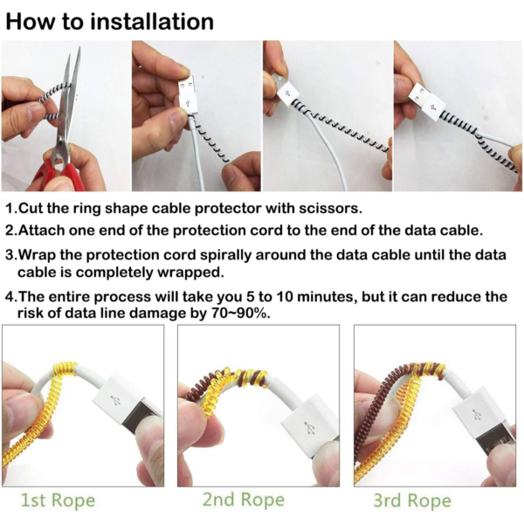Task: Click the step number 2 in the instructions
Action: [10, 231]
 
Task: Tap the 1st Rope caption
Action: [58, 500]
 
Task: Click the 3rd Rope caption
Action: [410, 500]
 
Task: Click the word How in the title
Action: [32, 21]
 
